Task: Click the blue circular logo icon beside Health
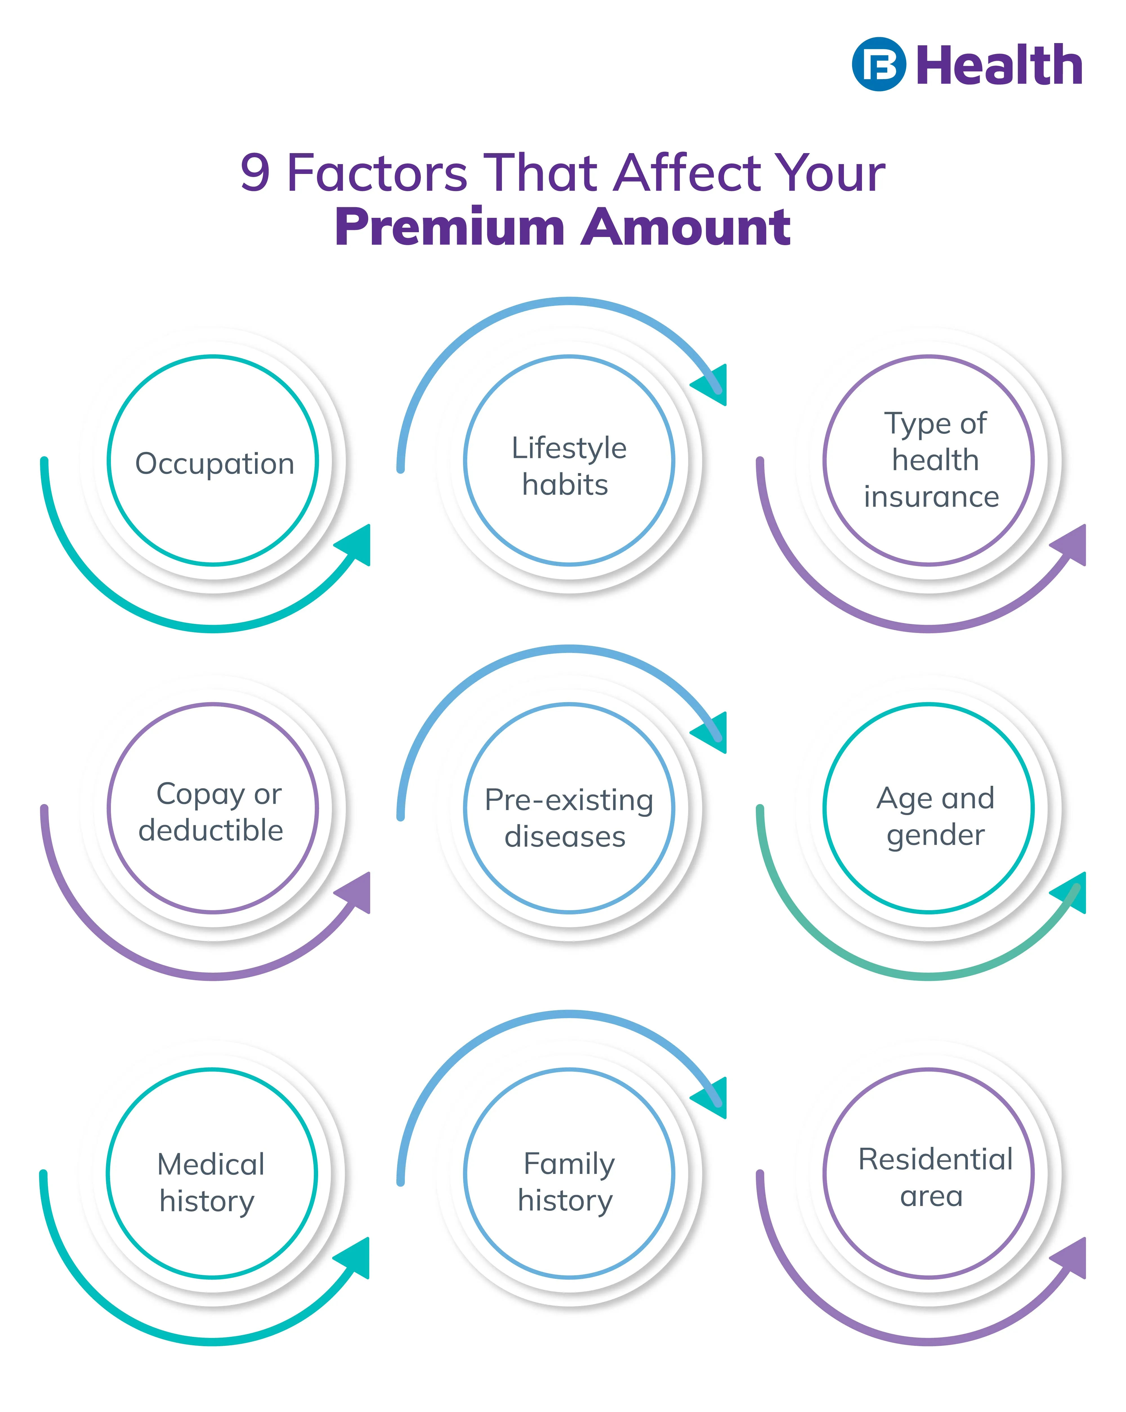pyautogui.click(x=878, y=64)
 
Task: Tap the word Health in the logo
pyautogui.click(x=998, y=66)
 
